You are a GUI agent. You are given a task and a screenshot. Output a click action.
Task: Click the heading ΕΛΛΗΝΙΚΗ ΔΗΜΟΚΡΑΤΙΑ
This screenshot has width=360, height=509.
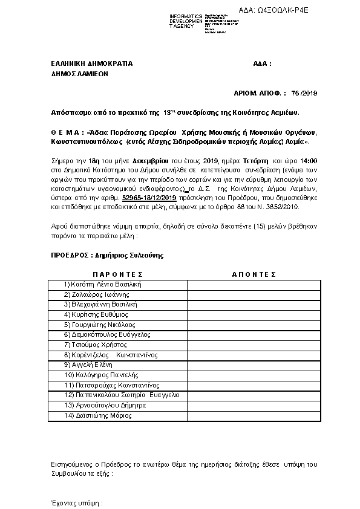point(91,63)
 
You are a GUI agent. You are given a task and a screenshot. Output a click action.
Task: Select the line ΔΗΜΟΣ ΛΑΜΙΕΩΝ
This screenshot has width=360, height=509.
point(79,76)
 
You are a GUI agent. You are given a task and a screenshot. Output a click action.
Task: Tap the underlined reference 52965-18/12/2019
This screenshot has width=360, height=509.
point(149,198)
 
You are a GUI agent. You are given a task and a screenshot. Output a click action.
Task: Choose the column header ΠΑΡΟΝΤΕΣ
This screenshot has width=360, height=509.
point(118,274)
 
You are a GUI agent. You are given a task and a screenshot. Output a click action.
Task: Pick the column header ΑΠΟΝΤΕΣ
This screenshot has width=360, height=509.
point(254,274)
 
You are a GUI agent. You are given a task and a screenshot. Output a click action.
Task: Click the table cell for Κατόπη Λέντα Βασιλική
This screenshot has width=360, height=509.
point(102,284)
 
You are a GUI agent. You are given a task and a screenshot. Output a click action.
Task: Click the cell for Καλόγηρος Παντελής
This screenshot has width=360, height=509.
point(97,375)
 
